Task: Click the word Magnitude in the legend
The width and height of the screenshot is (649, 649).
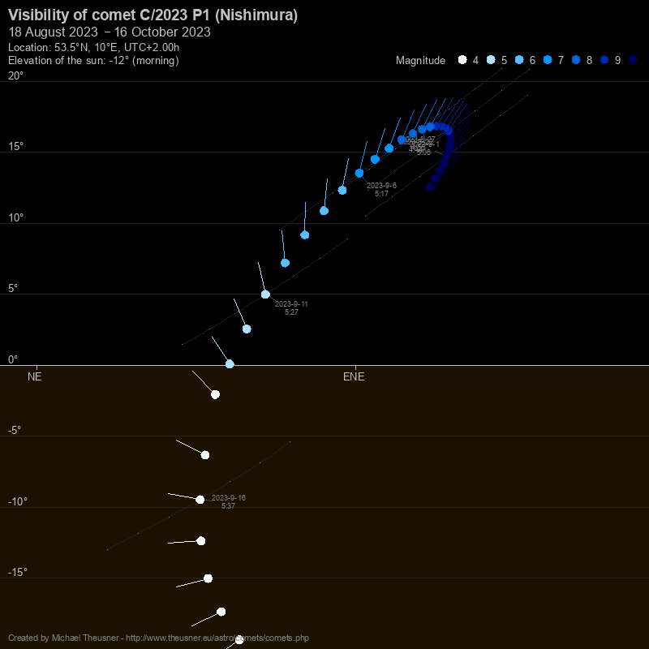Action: [420, 60]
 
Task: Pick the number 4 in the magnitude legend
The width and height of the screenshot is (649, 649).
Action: [475, 60]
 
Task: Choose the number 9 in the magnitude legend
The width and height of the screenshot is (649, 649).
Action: [617, 60]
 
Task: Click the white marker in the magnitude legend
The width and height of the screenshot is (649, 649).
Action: [462, 59]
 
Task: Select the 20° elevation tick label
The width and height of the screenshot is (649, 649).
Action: [15, 75]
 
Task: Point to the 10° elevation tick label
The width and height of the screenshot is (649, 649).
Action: [15, 217]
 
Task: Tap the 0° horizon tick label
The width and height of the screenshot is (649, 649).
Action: [13, 359]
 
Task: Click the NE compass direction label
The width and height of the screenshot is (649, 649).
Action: [34, 376]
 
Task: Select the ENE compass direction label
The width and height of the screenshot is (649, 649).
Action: [354, 376]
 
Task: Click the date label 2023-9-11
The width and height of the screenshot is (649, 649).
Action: [291, 304]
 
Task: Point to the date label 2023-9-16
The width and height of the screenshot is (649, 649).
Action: [229, 497]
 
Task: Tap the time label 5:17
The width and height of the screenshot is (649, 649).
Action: [381, 194]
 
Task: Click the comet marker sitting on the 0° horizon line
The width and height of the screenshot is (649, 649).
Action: [230, 364]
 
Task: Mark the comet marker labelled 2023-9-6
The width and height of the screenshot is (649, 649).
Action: [359, 173]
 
